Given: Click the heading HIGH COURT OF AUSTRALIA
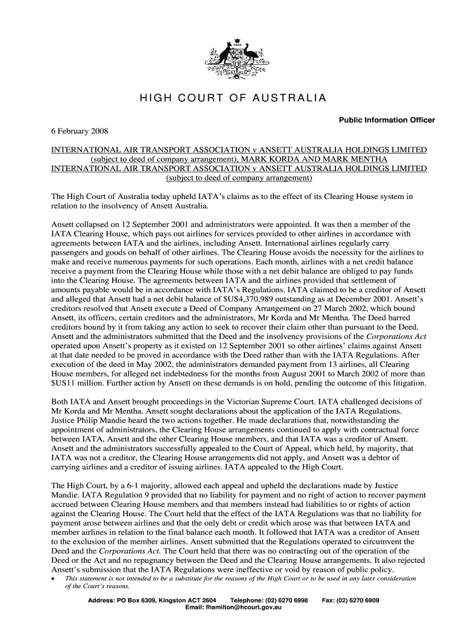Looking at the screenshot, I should pos(233,98).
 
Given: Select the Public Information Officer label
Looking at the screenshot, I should pos(386,120).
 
